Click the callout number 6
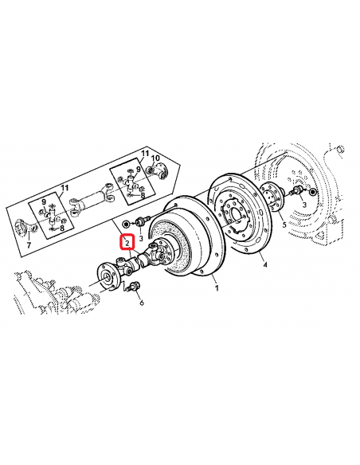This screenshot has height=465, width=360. pos(141,302)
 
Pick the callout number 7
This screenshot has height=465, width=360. pos(29,246)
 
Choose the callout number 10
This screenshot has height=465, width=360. pos(156,159)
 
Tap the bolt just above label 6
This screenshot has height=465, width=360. pos(136,287)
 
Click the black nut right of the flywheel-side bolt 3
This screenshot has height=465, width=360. pos(311,193)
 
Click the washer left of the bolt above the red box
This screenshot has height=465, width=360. pos(127,221)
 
